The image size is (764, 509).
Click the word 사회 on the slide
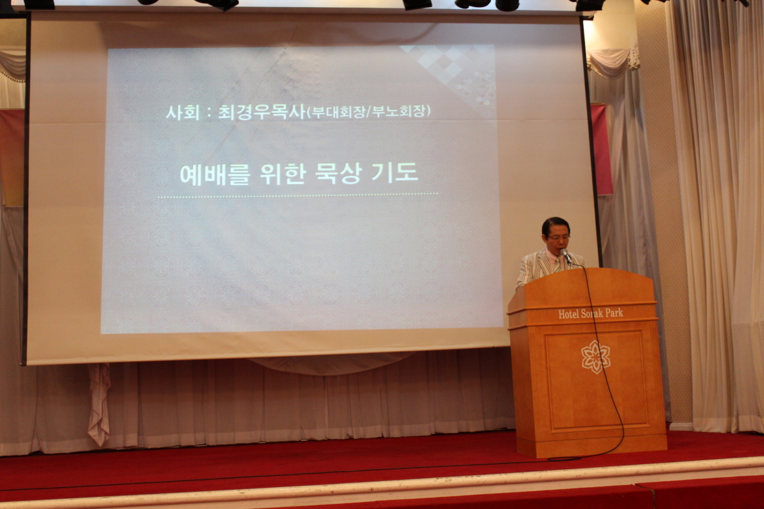click(x=183, y=112)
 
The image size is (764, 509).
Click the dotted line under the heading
click(x=297, y=196)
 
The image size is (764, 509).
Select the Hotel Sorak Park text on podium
click(x=591, y=313)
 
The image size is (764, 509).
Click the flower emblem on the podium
click(x=595, y=356)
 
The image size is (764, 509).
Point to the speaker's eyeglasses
click(x=558, y=238)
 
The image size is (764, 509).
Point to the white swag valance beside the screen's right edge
click(x=613, y=62)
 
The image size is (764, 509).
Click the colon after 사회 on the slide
click(x=208, y=113)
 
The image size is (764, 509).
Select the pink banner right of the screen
click(x=602, y=149)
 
